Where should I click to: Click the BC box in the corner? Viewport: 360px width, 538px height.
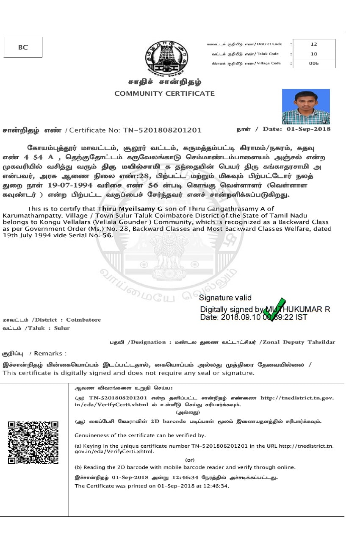[23, 47]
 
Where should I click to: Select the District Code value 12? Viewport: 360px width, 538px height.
[314, 44]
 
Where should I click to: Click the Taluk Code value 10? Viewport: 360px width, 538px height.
[314, 54]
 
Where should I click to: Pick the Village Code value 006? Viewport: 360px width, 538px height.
[314, 64]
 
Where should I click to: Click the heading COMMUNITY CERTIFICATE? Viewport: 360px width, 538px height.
[164, 94]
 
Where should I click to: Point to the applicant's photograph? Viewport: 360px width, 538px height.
[306, 106]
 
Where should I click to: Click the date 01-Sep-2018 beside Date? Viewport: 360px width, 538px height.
[309, 129]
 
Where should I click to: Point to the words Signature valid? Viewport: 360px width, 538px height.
[225, 298]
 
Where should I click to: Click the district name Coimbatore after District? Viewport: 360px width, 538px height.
[83, 319]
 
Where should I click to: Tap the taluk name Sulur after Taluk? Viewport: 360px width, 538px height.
[62, 328]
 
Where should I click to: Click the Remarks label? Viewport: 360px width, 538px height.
[50, 353]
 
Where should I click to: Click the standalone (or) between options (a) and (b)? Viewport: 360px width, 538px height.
[190, 460]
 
